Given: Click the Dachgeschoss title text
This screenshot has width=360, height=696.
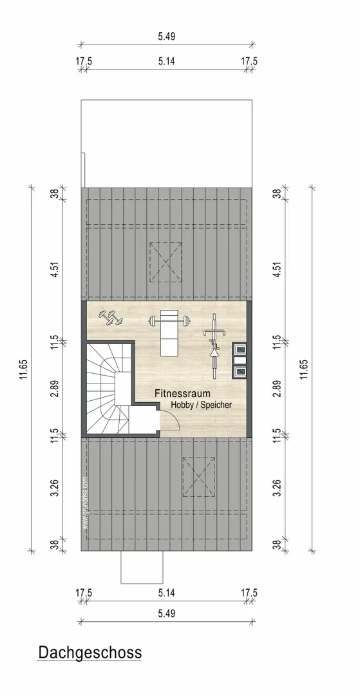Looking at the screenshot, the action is coord(90,652).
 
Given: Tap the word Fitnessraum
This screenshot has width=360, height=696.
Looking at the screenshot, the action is coord(182,393).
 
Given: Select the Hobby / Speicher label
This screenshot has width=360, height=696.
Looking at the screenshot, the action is coord(202,405).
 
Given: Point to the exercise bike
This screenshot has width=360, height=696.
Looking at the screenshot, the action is coord(214,346).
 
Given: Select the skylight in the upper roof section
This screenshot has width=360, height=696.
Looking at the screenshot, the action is coord(166,262).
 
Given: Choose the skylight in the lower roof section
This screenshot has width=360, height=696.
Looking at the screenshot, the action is coord(199,476).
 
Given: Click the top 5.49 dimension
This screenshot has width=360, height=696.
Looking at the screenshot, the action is coord(166,36).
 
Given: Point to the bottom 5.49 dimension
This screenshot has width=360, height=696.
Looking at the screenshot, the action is coord(166,614).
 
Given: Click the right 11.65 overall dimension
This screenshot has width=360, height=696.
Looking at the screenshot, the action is coord(304,369).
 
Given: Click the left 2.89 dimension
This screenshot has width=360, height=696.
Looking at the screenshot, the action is coord(55,388).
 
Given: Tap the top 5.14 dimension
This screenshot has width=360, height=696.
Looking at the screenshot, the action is coord(166,61).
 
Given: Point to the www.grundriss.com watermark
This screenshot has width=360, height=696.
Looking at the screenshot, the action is coord(85,503).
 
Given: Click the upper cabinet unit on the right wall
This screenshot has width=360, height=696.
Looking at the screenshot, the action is coord(240,349).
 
